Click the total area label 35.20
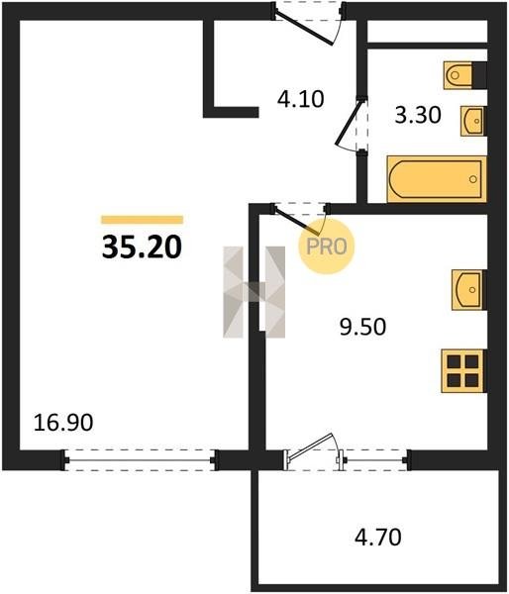tap(142, 247)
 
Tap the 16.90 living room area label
tap(63, 423)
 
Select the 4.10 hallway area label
tap(301, 99)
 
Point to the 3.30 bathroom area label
tap(418, 115)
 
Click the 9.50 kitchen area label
tap(362, 327)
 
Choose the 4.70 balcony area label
tap(378, 538)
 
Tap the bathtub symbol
tap(437, 179)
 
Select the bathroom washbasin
tap(473, 121)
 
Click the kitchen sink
tap(468, 290)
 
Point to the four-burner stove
tap(463, 371)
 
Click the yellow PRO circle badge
tap(327, 247)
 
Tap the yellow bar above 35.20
tap(143, 220)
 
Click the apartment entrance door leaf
tap(304, 29)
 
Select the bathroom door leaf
tap(349, 121)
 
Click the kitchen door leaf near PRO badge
tap(297, 222)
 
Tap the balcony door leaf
tap(310, 445)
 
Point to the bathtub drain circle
tap(473, 179)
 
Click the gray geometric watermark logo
tap(254, 292)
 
